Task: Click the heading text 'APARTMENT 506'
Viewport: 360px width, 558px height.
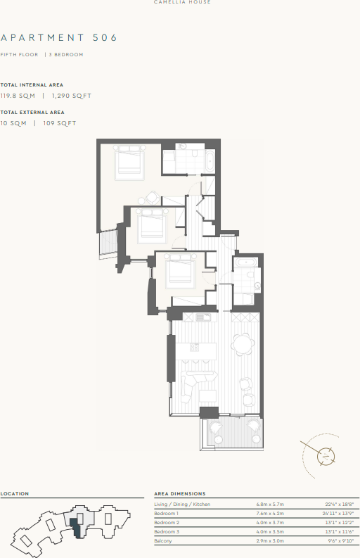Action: (x=59, y=37)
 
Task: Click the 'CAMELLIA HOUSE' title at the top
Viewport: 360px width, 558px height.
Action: (x=182, y=3)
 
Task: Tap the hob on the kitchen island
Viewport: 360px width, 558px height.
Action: (x=195, y=347)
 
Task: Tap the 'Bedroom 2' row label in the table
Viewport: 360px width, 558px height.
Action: (x=167, y=523)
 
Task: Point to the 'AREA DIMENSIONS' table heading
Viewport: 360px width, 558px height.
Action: (x=179, y=494)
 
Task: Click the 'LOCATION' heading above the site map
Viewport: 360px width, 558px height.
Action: (x=15, y=494)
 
